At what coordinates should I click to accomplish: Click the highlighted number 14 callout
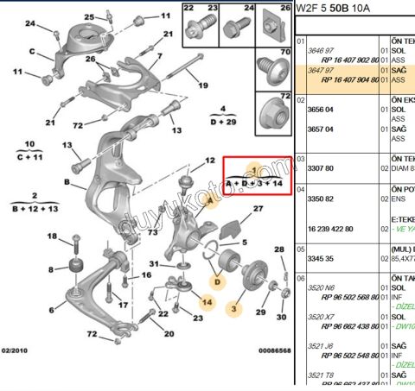coord(207,302)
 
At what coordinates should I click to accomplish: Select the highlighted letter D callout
coord(219,281)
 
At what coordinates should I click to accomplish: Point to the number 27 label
coord(258,210)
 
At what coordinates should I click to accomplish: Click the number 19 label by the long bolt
coord(203,85)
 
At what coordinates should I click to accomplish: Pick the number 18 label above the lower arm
coord(52,236)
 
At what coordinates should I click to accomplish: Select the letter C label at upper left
coord(32,51)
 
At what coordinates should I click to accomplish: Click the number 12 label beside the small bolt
coord(209,161)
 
